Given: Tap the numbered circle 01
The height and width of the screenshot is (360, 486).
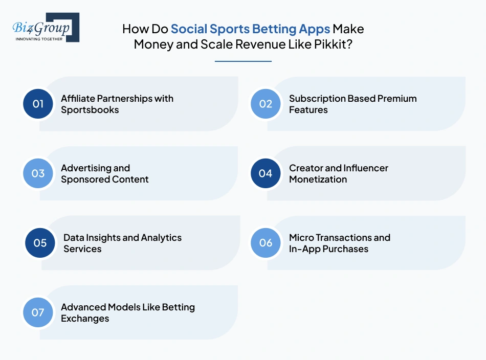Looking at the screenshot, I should (x=38, y=104).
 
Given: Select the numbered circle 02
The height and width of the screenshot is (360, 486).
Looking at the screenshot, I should (x=266, y=104).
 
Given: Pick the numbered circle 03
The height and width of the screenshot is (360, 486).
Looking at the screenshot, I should (x=38, y=173).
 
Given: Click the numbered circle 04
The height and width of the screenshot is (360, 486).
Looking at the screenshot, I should (x=266, y=173).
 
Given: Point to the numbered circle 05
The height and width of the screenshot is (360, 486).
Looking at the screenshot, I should (x=40, y=243).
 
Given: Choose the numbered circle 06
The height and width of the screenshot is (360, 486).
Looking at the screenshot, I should (x=266, y=243).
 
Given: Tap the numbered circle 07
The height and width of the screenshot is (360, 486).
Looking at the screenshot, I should (x=38, y=312).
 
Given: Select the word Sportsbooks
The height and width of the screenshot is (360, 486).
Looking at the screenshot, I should (x=90, y=109).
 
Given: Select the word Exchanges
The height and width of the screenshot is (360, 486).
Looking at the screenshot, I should (x=85, y=319).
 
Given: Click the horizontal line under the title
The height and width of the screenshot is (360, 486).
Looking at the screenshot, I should (x=243, y=61).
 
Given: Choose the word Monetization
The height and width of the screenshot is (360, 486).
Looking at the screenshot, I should (x=318, y=179).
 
